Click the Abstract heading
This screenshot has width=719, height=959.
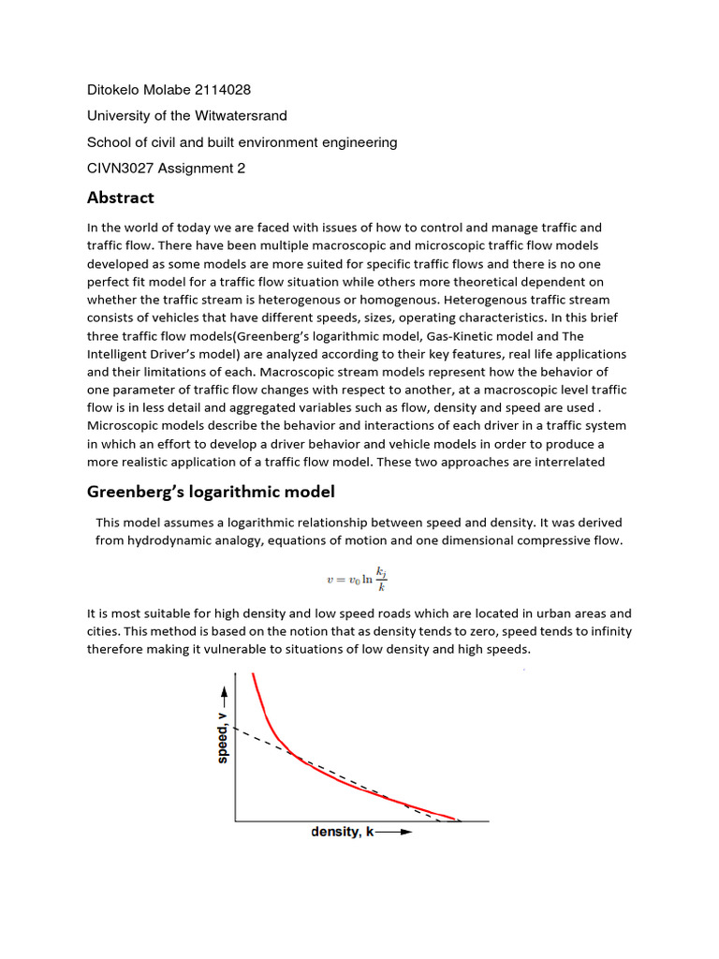coord(120,198)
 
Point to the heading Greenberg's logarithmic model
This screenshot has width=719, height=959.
coord(211,492)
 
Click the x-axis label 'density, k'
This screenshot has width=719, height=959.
coord(342,832)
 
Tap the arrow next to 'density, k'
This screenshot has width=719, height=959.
coord(393,832)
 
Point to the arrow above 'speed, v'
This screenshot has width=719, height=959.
coord(223,694)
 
